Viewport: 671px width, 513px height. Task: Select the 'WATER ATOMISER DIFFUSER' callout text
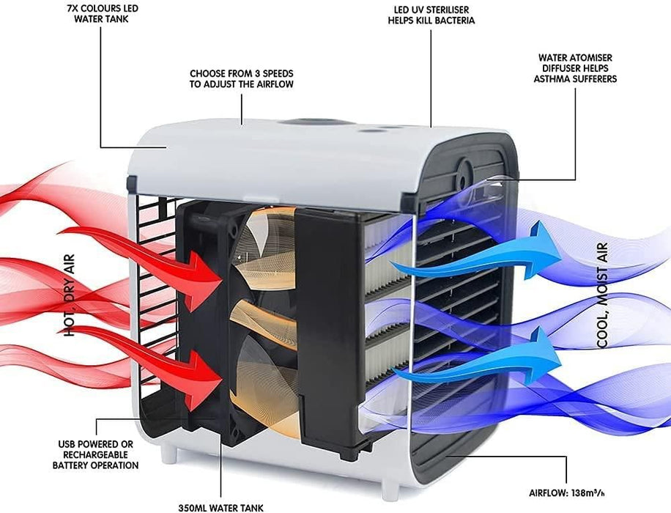577,67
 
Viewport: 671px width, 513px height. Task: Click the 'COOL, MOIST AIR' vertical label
603,295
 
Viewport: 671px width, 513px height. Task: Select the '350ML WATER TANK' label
220,506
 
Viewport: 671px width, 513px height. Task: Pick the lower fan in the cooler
260,366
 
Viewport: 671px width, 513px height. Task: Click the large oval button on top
308,122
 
